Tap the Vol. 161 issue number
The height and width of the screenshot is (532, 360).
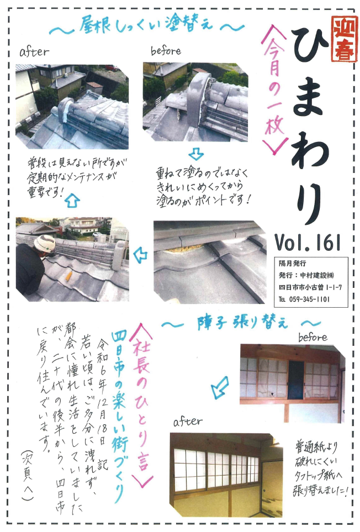(308, 240)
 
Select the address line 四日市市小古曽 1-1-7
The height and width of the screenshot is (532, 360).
(310, 287)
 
